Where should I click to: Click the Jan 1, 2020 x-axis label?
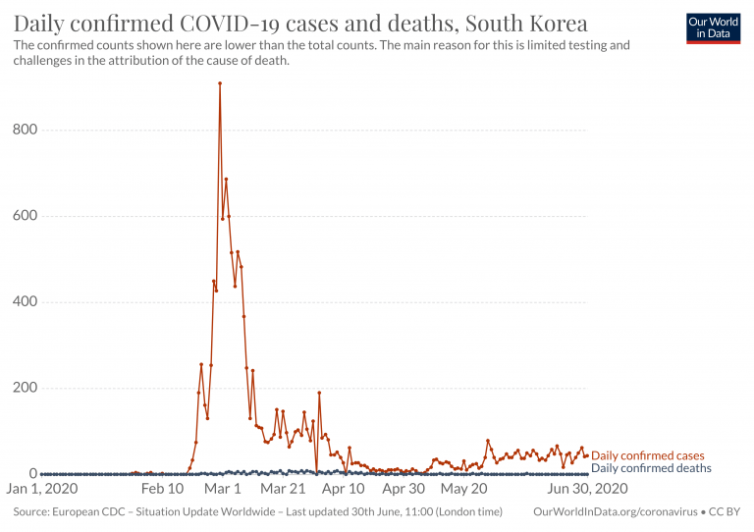click(45, 488)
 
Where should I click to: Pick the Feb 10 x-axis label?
click(162, 488)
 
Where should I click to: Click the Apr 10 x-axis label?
click(344, 488)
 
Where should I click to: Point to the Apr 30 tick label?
click(404, 488)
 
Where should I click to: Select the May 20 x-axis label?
click(464, 488)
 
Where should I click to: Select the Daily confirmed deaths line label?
click(651, 468)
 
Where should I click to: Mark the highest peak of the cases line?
click(220, 83)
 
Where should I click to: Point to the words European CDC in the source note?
click(89, 511)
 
